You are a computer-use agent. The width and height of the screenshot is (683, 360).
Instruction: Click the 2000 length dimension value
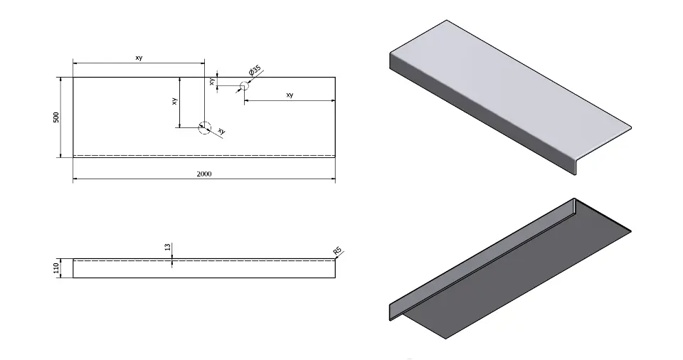(204, 174)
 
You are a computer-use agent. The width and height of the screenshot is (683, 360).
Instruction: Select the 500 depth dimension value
(55, 117)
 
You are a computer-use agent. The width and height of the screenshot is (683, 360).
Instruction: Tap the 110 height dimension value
(55, 268)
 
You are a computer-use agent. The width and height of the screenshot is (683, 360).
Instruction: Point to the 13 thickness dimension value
(168, 247)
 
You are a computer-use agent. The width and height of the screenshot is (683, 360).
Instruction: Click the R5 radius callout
(337, 251)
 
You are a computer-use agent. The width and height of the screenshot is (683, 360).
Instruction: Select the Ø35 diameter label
(255, 70)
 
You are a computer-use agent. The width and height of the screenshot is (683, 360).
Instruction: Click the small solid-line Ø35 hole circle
(244, 86)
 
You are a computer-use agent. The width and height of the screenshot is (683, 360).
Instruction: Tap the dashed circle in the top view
(205, 127)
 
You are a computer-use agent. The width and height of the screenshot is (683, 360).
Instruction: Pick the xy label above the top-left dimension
(139, 58)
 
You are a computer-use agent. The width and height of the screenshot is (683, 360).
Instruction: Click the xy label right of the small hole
(290, 95)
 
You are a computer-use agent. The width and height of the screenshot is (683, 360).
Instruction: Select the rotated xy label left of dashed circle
(174, 101)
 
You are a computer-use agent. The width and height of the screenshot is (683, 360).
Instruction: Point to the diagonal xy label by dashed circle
(221, 131)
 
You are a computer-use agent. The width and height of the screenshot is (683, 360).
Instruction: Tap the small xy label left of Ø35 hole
(212, 82)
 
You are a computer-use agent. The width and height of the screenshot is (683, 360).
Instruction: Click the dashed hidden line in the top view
(204, 155)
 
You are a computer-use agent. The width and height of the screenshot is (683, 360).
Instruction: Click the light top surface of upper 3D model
(509, 88)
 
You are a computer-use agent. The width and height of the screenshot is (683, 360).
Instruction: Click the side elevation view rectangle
(204, 268)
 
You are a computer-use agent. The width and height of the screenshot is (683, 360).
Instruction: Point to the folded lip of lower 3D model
(482, 258)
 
